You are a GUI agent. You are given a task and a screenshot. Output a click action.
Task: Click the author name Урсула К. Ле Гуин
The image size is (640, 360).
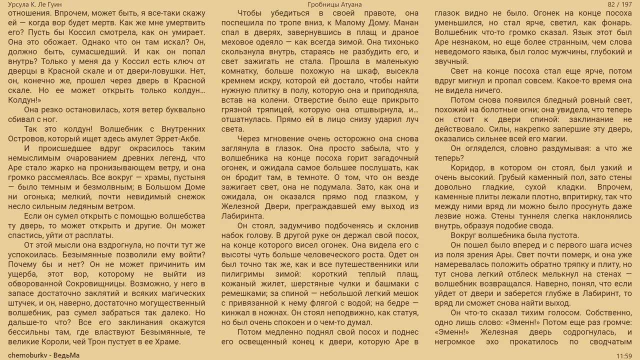click(35, 4)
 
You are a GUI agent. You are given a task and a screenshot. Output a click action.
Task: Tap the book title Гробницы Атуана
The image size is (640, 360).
click(335, 4)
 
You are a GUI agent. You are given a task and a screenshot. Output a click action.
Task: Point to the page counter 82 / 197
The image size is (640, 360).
click(620, 4)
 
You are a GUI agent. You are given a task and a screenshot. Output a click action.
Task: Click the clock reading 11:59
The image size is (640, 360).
click(624, 355)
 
